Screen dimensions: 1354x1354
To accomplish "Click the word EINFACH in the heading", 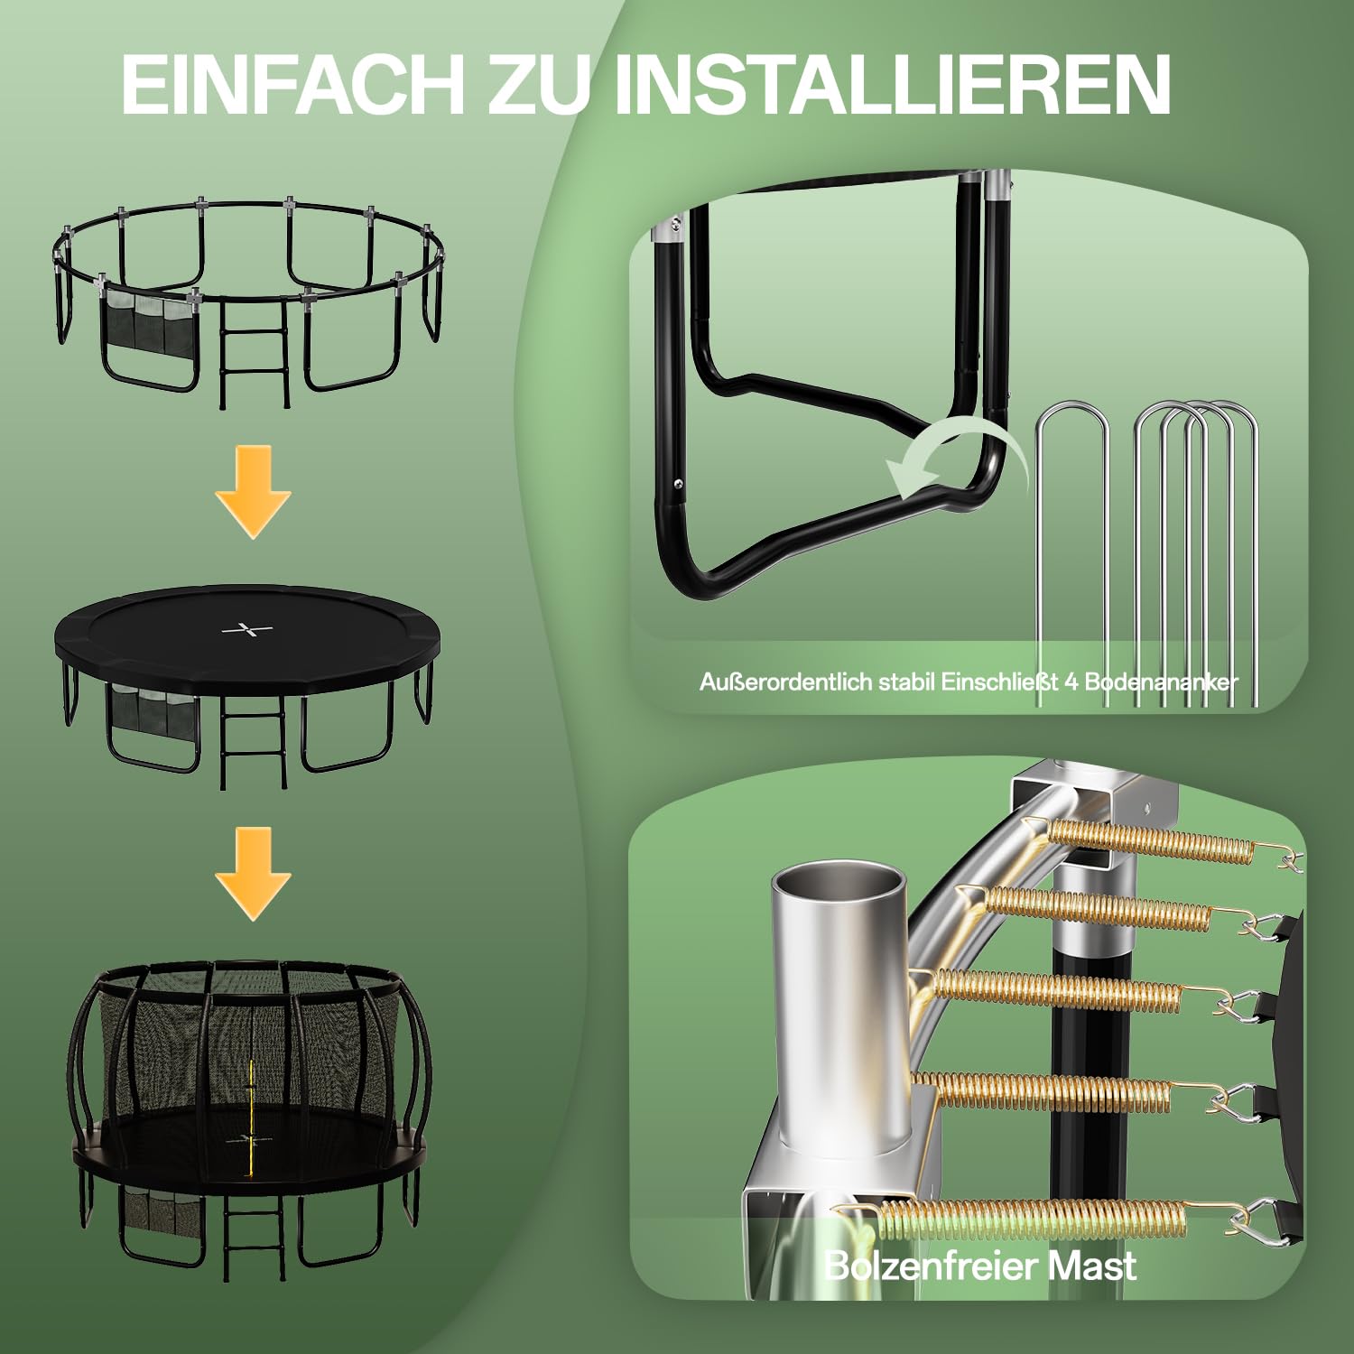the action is (292, 84).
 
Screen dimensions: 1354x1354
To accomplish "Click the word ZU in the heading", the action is (539, 84).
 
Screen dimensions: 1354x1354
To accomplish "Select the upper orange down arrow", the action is (254, 492).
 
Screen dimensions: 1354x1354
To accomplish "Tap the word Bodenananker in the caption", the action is (1161, 682).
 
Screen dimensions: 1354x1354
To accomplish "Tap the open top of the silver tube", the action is (837, 881).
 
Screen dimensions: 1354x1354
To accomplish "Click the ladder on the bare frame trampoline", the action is (255, 353).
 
